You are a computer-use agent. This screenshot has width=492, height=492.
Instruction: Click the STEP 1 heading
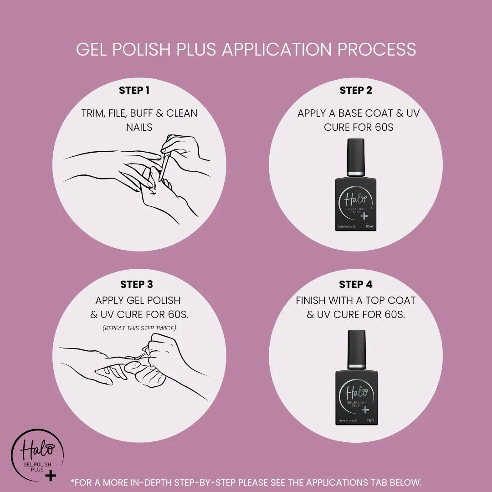coord(134,90)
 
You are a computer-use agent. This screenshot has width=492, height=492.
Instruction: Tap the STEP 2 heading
coord(356,90)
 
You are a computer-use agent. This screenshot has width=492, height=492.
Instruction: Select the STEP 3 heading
coord(137,284)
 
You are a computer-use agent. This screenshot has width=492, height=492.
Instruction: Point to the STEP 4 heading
coord(355,284)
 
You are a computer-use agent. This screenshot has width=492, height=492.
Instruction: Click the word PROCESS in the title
coord(377,49)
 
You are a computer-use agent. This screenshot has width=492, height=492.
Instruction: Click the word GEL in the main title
coord(92,49)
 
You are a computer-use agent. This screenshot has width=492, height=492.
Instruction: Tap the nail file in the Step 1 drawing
coord(164,168)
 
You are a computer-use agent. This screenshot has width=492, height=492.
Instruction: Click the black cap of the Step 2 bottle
coord(356,157)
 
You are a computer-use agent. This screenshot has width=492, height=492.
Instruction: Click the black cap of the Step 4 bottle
coord(357,349)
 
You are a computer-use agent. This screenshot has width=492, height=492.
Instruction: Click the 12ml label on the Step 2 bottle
coord(369,226)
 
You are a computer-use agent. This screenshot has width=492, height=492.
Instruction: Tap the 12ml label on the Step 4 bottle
coord(370,420)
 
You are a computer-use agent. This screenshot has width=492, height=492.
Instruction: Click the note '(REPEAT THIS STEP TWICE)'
coord(139,328)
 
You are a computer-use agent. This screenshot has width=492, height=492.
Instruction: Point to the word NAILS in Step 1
coord(139,128)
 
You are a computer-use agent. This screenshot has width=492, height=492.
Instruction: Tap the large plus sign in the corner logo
coord(51,475)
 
